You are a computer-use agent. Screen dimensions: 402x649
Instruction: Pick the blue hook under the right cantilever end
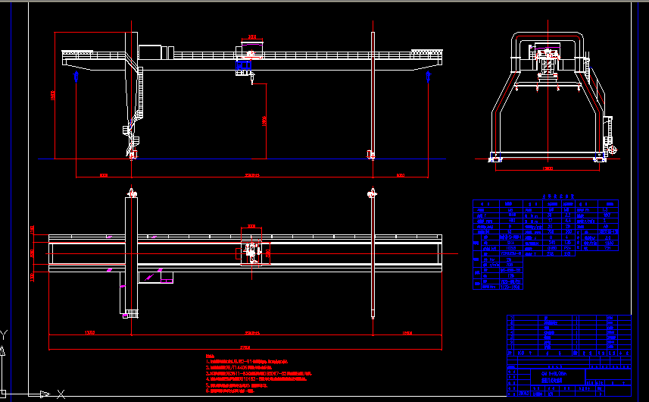pyautogui.click(x=428, y=76)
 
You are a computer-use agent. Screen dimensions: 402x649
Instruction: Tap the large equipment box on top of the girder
pyautogui.click(x=151, y=52)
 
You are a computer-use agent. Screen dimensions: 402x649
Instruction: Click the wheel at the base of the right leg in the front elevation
pyautogui.click(x=371, y=155)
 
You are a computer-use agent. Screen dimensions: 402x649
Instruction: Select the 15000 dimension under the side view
pyautogui.click(x=547, y=168)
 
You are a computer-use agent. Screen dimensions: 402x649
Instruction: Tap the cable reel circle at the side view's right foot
pyautogui.click(x=613, y=150)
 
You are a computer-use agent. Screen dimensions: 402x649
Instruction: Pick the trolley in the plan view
pyautogui.click(x=252, y=250)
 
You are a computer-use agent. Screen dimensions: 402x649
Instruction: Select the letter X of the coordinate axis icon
pyautogui.click(x=61, y=394)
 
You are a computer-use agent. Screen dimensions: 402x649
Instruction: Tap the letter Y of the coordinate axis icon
pyautogui.click(x=4, y=334)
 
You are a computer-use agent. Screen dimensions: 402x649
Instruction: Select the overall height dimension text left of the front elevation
pyautogui.click(x=52, y=96)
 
